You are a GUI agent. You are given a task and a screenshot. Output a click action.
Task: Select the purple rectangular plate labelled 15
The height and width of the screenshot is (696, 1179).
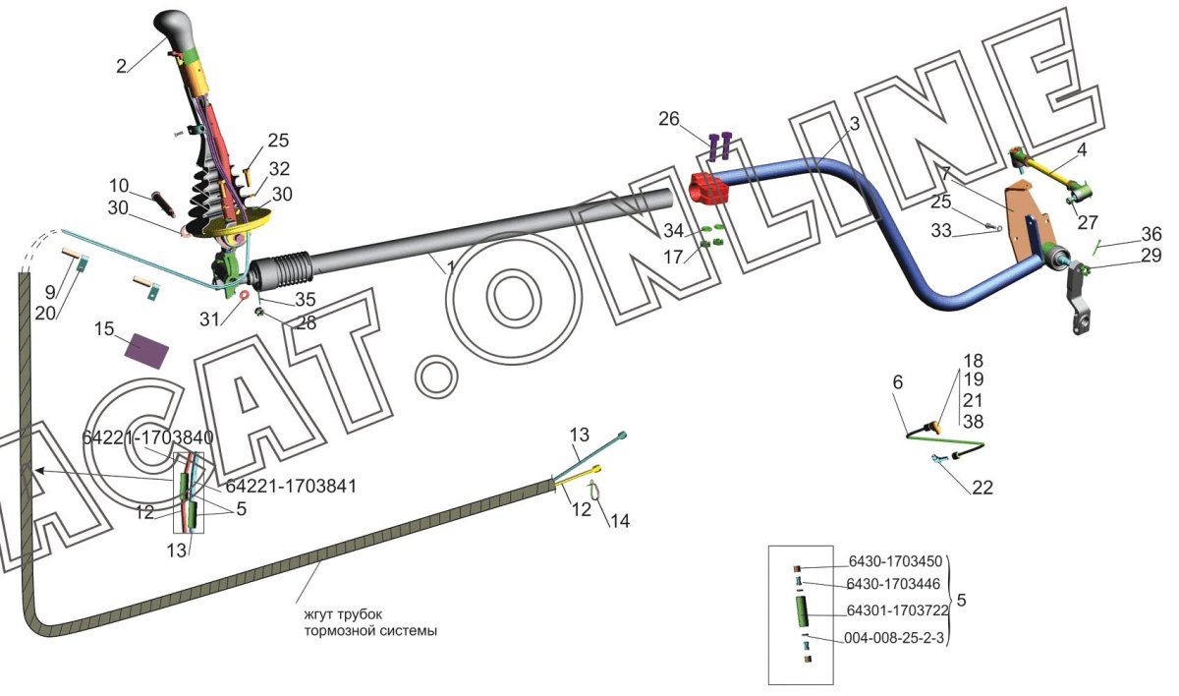coord(146,349)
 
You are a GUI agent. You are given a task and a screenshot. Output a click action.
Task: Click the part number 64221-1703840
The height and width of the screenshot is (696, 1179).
coord(148,437)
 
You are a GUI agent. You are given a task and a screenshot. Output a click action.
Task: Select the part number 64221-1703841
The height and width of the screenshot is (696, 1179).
coord(291,486)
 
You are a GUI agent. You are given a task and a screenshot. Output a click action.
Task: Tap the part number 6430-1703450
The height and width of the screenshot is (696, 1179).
coord(895,561)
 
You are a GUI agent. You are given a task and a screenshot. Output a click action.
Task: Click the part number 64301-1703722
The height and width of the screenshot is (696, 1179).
coord(897,610)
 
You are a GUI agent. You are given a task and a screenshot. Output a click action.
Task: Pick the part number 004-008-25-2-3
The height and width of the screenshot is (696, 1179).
coord(894,638)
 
